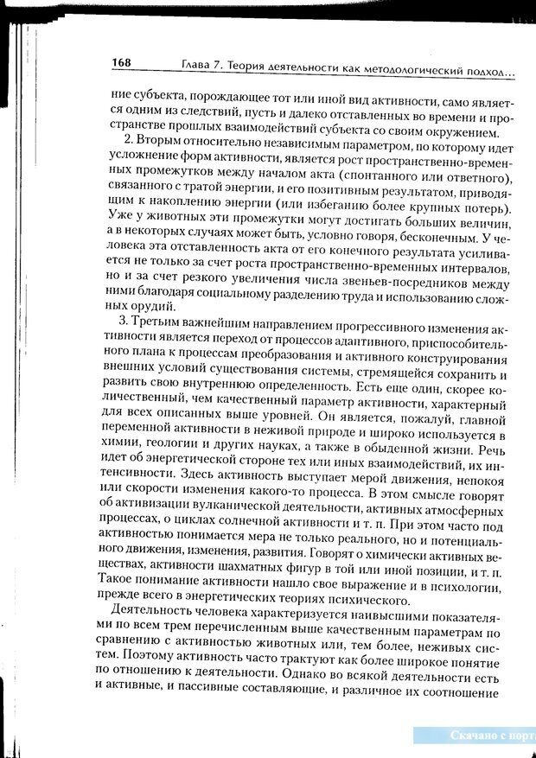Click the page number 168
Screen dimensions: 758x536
tap(121, 63)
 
